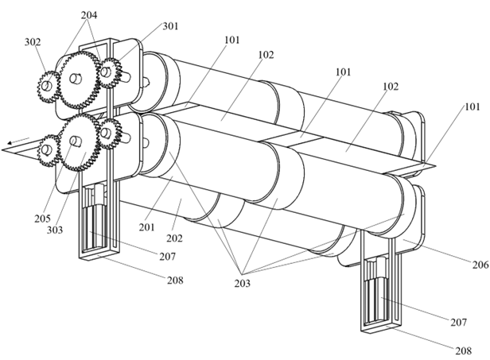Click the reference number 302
point(33,42)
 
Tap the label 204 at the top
point(89,15)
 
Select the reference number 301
point(170,26)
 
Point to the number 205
point(42,219)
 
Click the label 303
point(55,230)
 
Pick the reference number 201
point(147,227)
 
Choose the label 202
point(174,238)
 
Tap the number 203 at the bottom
point(243,284)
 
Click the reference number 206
point(480,265)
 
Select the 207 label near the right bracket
point(458,322)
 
